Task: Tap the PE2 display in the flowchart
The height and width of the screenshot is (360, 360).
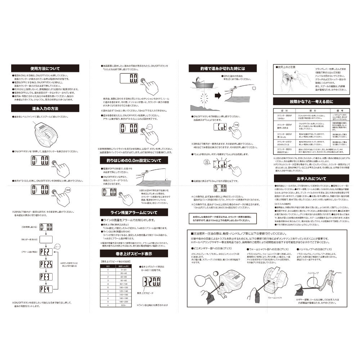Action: click(46, 251)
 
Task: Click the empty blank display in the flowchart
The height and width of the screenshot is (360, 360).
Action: click(46, 239)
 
